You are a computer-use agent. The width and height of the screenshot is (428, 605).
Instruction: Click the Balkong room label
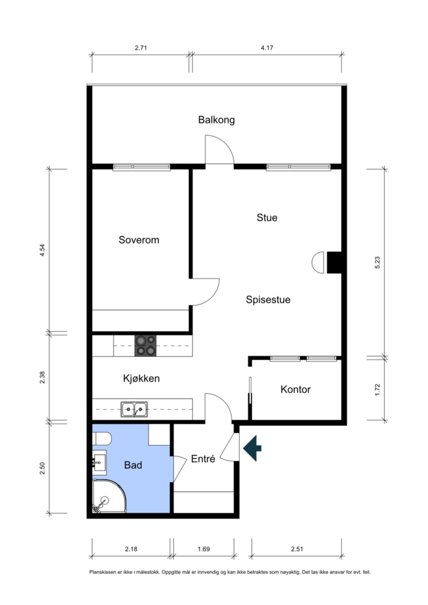point(216,120)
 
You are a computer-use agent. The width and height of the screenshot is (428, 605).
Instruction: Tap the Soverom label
point(139,240)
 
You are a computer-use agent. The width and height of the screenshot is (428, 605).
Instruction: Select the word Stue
point(267,217)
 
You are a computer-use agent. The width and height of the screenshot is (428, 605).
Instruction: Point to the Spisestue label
point(268,299)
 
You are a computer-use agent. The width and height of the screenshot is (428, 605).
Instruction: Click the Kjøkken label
point(141,378)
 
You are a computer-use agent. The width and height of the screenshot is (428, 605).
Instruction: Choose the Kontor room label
point(296,389)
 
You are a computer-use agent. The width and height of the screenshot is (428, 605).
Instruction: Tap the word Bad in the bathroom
point(133,465)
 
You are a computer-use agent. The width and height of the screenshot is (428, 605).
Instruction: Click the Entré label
point(203,459)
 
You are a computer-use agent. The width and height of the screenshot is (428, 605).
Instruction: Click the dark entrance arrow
point(252,448)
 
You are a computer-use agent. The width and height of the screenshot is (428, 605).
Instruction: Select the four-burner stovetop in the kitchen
point(146,346)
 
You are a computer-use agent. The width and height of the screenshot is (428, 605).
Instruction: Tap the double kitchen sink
point(134,409)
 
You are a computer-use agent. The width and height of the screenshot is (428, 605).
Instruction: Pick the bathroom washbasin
point(99,462)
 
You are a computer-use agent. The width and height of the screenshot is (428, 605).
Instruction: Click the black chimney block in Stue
point(334,263)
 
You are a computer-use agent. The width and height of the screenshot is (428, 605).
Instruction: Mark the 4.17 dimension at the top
point(267,48)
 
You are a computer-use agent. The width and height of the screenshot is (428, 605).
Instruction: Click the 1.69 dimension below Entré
point(204,549)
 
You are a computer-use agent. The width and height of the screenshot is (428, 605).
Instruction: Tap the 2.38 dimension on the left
point(42,377)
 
